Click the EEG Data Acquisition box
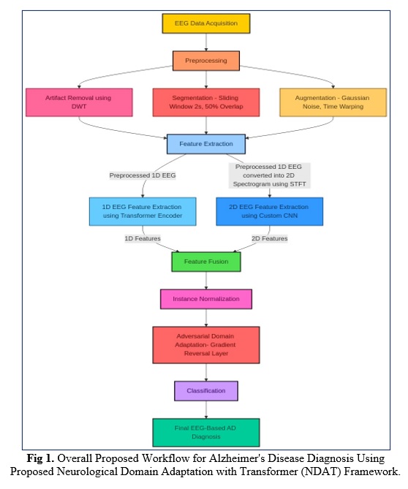click(206, 23)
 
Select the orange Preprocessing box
click(206, 61)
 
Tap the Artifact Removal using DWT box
click(79, 102)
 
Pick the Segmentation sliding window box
click(206, 102)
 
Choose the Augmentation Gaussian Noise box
click(333, 102)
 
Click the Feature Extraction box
click(206, 144)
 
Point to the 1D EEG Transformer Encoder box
click(143, 211)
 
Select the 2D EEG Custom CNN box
click(270, 211)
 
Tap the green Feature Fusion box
click(206, 262)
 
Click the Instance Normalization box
click(206, 299)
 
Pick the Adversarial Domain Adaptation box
click(206, 345)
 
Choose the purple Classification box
click(206, 391)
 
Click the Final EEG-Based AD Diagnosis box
click(206, 433)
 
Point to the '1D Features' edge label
click(143, 238)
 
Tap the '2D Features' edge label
click(270, 238)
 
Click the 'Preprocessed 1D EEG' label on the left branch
click(143, 175)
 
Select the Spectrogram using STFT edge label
click(270, 175)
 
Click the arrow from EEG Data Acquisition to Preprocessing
click(206, 42)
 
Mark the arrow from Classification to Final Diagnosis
click(206, 409)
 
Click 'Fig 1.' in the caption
click(40, 458)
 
